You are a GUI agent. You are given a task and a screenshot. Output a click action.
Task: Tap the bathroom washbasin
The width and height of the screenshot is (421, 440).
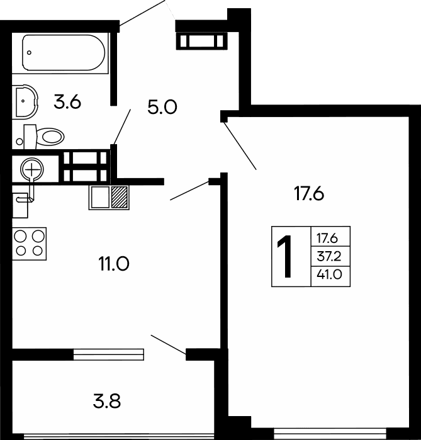coord(25,100)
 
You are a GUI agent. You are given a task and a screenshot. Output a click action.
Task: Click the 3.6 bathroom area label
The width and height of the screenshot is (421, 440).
coord(67,102)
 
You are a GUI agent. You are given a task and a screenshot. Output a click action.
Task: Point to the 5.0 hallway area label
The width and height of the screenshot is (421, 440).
coord(162,108)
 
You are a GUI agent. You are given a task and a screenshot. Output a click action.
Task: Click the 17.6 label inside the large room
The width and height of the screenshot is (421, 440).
coord(308,194)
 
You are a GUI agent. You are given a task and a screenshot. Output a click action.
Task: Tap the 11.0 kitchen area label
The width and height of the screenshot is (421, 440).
coord(114,263)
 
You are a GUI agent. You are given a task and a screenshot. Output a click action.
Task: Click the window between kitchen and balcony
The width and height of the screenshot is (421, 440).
coord(108,354)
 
